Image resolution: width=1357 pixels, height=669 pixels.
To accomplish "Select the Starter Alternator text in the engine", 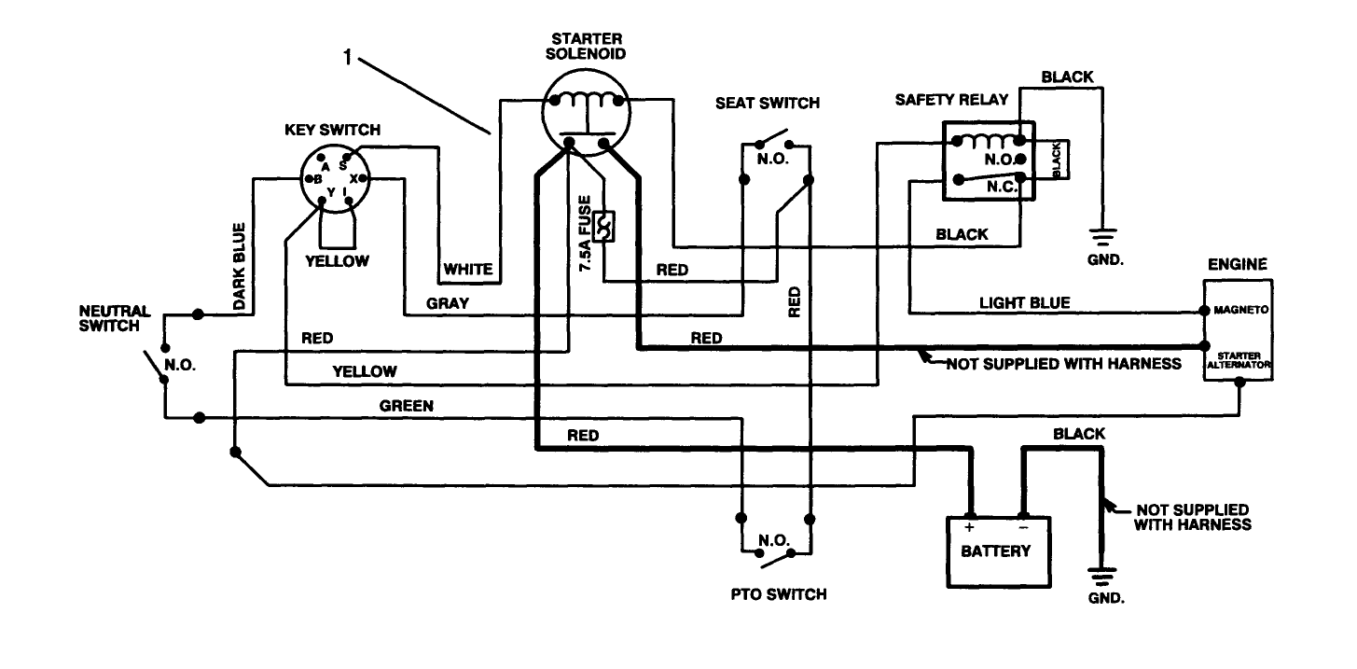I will (1240, 361).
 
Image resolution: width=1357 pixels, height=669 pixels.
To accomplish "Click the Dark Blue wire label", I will (239, 267).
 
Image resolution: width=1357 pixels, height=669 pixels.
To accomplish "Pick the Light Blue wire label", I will (1024, 302).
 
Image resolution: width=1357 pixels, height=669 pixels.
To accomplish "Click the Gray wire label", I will (448, 303).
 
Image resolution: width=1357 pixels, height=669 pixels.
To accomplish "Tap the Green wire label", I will (406, 406).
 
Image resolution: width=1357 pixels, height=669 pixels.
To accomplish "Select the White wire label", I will (467, 270).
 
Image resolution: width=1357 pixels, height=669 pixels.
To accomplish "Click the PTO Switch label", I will (779, 593).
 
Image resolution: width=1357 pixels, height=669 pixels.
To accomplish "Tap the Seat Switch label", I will (768, 103).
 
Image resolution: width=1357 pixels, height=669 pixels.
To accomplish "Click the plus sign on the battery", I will (970, 527).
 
